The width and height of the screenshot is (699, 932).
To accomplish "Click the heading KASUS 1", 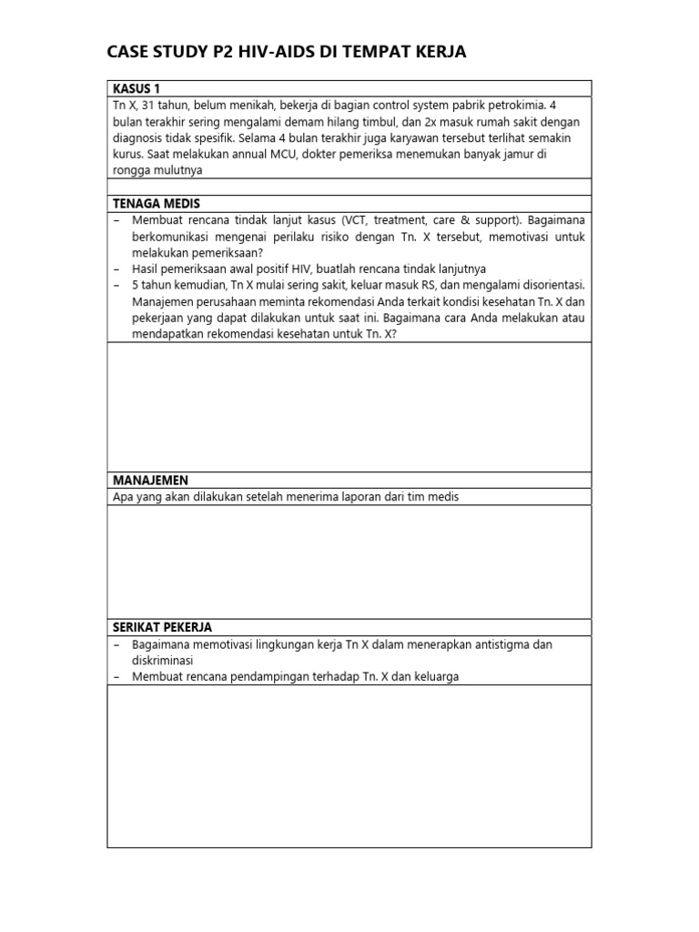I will tap(136, 88).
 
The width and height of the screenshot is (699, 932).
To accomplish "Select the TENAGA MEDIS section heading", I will tap(156, 203).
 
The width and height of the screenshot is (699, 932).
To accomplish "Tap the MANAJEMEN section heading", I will tap(150, 480).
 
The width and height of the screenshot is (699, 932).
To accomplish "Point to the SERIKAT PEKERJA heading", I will tap(162, 627).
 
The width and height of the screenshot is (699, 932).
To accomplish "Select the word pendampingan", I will tap(260, 677).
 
